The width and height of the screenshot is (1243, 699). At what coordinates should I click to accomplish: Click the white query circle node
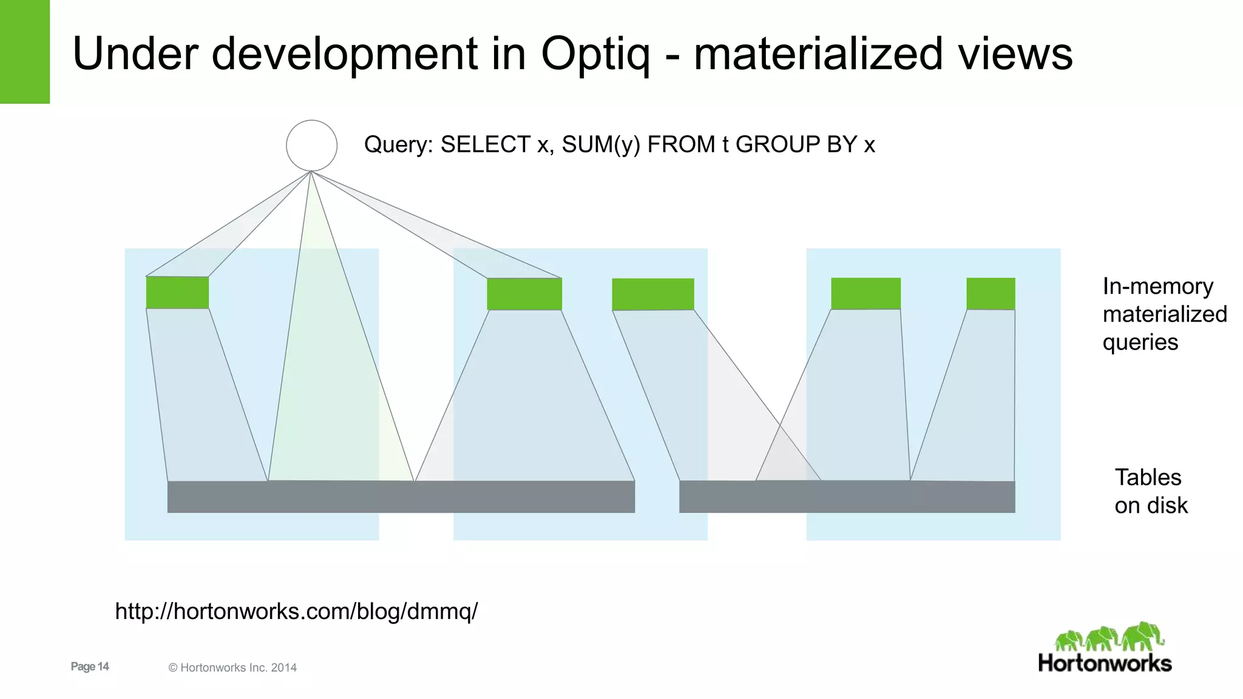pos(311,146)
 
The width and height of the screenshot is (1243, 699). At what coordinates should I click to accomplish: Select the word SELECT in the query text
pos(486,144)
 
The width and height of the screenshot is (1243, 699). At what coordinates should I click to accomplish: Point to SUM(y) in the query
pos(601,144)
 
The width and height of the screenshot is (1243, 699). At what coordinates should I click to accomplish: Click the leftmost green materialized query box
pos(177,292)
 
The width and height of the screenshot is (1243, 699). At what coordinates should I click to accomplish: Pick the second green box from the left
pos(524,294)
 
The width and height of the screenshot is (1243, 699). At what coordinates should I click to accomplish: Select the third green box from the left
pos(653,294)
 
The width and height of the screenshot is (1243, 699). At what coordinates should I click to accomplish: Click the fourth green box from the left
pos(865,294)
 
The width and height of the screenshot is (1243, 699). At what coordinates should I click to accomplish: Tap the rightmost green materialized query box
pos(991,294)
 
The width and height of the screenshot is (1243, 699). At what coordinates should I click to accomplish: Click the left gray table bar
pos(401,496)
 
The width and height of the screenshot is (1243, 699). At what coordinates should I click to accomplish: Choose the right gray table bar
pos(847,496)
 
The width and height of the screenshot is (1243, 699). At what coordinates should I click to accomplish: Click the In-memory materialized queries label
pos(1164,314)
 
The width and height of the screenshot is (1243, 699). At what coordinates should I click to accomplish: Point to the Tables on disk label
pos(1150,491)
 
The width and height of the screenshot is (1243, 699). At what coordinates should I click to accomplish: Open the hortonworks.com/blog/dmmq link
pos(296,611)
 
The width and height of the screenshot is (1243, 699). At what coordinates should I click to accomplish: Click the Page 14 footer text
pos(90,666)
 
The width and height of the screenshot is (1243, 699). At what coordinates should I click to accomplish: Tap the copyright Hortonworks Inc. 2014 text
pos(232,667)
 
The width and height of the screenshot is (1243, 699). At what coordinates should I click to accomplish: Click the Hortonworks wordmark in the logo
pos(1105,663)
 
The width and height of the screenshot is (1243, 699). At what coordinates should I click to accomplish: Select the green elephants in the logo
pos(1109,637)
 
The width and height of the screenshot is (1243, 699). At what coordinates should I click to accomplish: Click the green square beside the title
pos(24,52)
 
